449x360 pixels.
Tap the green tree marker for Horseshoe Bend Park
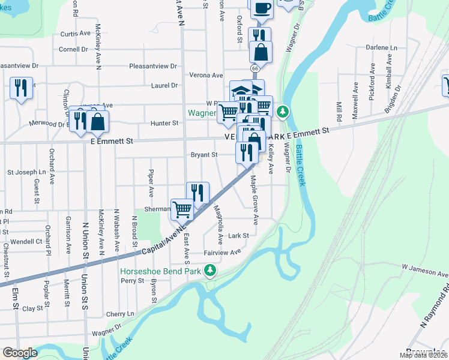[210, 271]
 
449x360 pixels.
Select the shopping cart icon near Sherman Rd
[182, 209]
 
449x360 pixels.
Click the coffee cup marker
[261, 8]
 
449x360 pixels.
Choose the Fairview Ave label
[221, 253]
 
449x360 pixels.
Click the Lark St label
[238, 236]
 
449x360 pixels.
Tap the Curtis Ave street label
[75, 34]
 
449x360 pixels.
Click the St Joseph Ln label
[26, 172]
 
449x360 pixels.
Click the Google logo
[19, 353]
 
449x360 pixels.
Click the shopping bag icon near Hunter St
[97, 122]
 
